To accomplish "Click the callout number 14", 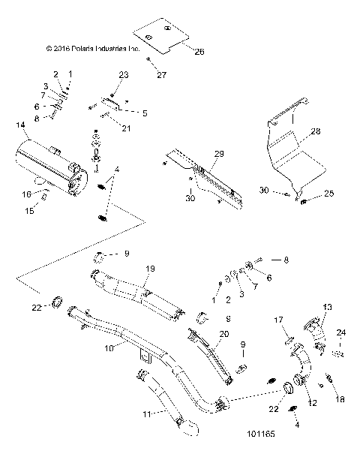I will [20, 125].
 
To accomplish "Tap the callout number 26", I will [178, 52].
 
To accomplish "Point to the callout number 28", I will [316, 131].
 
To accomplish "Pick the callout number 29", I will [220, 153].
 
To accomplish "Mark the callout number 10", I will [109, 348].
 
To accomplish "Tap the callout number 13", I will [327, 308].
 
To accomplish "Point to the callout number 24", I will [342, 332].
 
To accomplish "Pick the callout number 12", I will [312, 403].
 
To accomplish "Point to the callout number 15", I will [30, 211].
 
